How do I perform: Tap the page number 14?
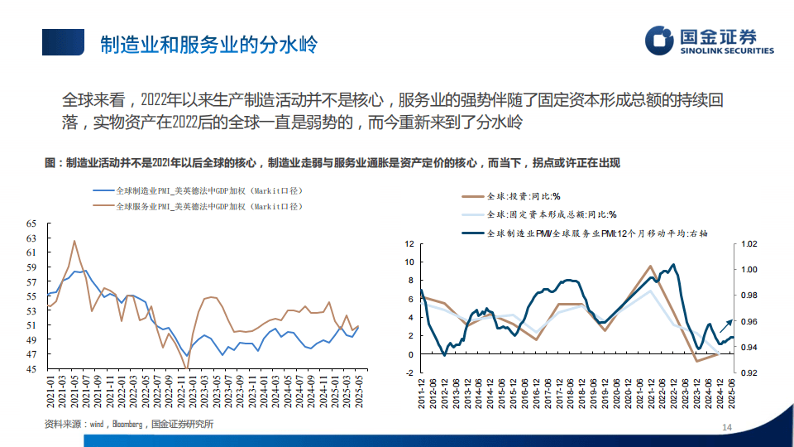point(728,427)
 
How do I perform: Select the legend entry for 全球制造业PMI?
point(207,190)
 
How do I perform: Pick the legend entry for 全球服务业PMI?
point(207,205)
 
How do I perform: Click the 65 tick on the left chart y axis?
point(31,223)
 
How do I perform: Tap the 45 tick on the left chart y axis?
point(31,368)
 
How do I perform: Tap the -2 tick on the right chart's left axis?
point(408,373)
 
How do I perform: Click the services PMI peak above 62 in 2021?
point(74,241)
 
